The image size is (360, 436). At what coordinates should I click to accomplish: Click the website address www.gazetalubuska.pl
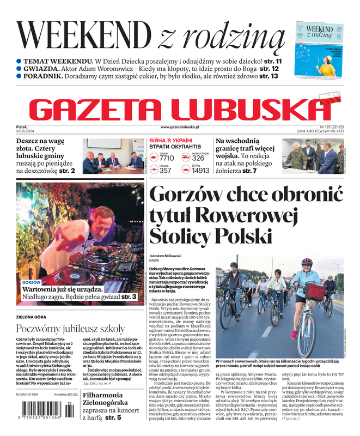[x=180, y=127]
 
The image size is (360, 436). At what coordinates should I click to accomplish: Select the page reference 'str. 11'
[x=270, y=62]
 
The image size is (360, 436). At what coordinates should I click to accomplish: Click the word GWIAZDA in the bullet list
[x=41, y=69]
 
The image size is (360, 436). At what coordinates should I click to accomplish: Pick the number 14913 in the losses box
[x=200, y=171]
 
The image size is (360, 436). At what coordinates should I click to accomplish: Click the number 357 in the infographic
[x=165, y=171]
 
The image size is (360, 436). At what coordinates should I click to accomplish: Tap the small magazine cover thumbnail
[x=319, y=50]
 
